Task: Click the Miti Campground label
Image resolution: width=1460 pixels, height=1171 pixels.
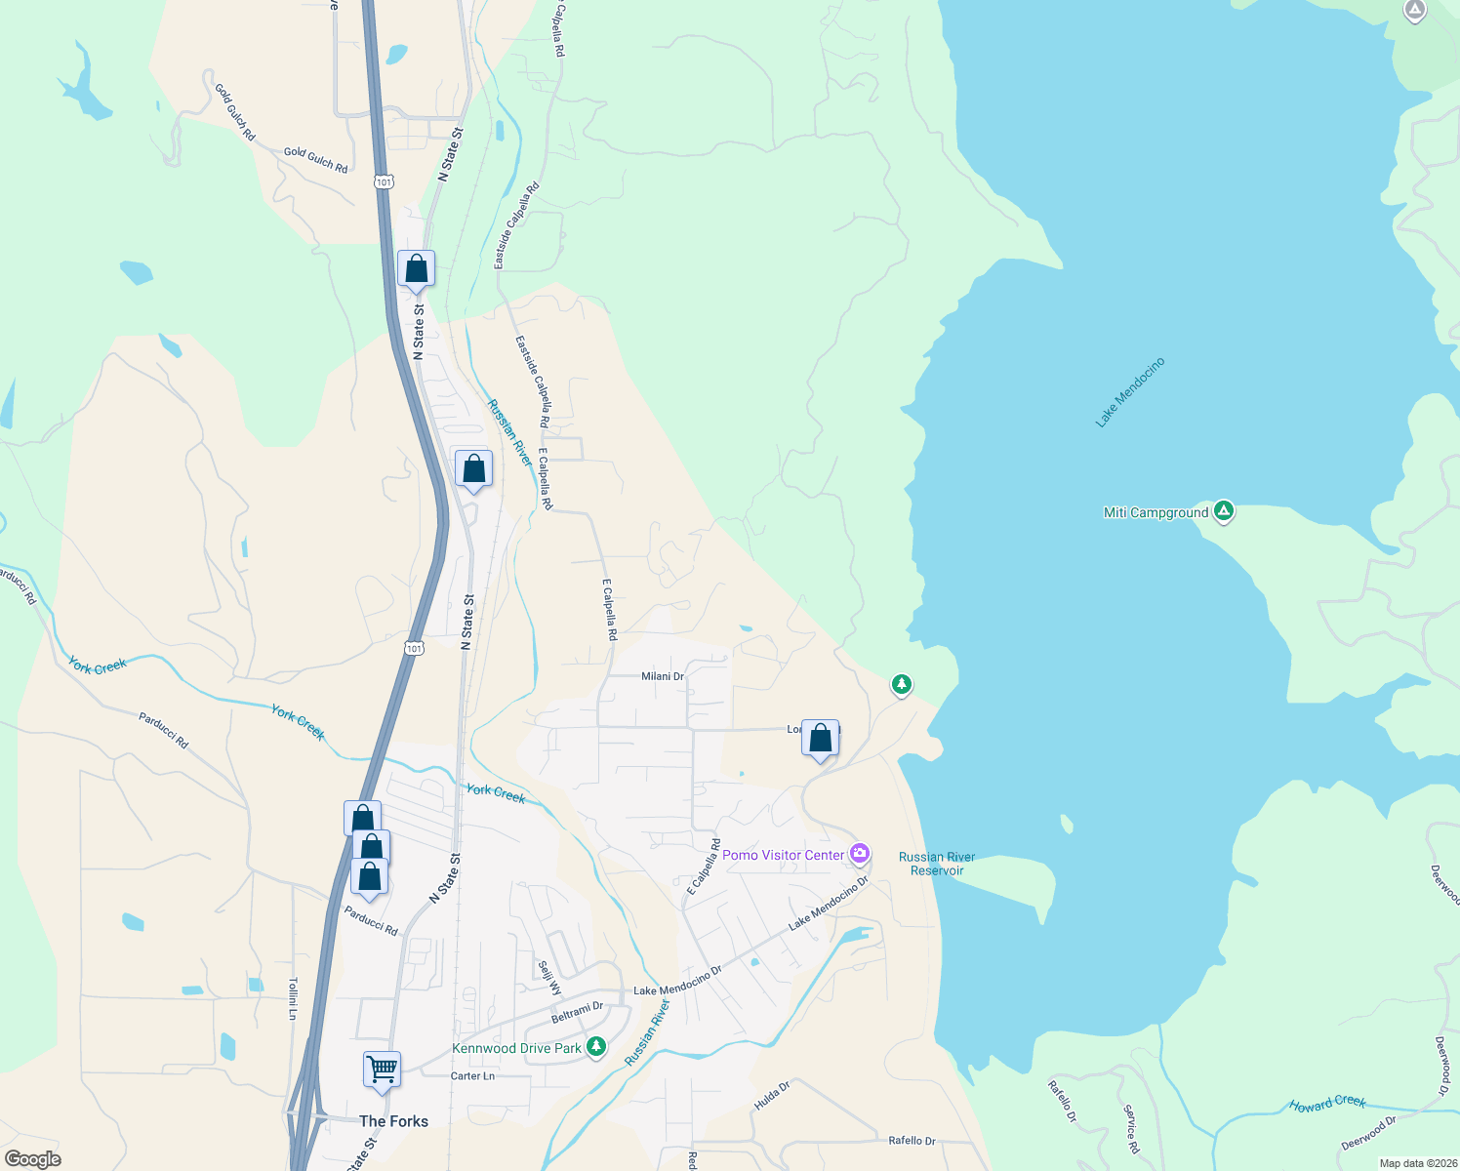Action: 1156,513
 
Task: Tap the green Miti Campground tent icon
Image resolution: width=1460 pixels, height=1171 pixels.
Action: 1224,511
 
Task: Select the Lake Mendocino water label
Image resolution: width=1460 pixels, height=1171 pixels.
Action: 1130,392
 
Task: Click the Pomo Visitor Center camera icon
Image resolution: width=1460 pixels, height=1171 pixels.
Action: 860,854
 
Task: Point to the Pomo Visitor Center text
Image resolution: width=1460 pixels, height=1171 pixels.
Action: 783,856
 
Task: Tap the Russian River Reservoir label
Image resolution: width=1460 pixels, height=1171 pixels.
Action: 936,864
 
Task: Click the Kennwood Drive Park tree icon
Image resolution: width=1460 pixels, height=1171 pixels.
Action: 596,1047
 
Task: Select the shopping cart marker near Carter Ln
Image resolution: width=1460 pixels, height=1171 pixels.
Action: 382,1069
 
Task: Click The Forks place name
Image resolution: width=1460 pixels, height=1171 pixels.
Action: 393,1121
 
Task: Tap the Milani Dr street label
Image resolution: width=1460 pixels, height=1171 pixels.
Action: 663,676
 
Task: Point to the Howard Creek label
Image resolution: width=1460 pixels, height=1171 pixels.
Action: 1327,1104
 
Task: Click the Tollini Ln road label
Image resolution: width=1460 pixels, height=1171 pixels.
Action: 292,999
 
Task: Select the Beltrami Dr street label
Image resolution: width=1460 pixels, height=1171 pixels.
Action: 577,1011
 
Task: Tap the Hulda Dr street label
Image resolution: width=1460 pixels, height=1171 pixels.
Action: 772,1096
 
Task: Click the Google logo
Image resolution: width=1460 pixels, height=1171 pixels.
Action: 33,1159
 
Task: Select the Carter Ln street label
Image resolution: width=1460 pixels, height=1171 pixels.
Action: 472,1076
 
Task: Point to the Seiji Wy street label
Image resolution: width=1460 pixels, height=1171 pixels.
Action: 550,978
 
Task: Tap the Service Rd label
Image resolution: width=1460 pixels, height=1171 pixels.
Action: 1131,1128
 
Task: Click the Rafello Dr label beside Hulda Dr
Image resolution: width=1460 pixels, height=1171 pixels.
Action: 912,1140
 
